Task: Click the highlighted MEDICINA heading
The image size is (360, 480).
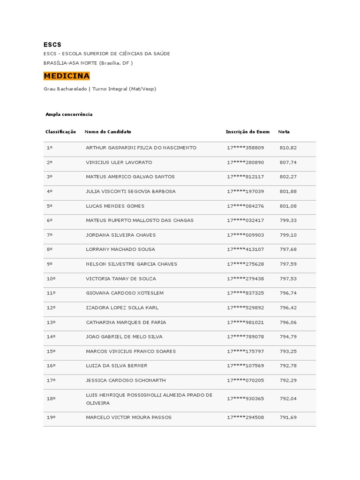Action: coord(67,76)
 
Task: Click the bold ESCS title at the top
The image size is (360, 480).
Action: coord(52,45)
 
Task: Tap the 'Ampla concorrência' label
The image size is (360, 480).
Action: coord(69,114)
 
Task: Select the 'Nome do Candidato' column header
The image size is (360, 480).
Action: coord(108,132)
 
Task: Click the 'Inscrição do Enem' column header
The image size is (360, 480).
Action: coord(247,132)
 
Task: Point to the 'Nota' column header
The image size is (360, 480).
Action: coord(284,132)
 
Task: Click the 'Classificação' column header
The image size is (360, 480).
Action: coord(60,132)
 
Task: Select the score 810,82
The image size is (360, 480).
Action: coord(288,148)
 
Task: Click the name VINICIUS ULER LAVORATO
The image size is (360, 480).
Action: coord(119,162)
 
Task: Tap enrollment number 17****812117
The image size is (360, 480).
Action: coord(246,177)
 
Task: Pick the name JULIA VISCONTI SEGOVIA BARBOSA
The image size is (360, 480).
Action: coord(131,191)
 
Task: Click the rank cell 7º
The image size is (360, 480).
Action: coord(50,235)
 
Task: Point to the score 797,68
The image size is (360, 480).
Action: coord(288,249)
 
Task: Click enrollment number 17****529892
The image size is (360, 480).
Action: coord(246,307)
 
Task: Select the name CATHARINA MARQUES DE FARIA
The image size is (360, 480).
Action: coord(126,322)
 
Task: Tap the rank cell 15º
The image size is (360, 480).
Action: coord(51,351)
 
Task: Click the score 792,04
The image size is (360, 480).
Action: coord(288,398)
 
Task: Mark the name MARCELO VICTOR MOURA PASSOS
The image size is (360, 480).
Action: coord(129,417)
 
